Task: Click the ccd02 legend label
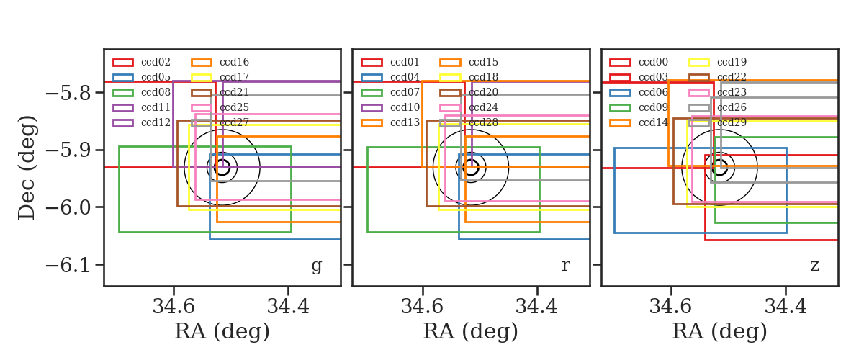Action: (156, 62)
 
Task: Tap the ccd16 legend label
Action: (235, 62)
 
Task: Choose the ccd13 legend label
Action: (405, 122)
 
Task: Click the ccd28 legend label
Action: (484, 122)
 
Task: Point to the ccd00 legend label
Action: (654, 62)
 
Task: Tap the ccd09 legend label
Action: (654, 107)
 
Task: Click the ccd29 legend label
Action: (732, 122)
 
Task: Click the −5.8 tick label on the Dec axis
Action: (69, 93)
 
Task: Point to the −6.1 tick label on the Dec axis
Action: (69, 265)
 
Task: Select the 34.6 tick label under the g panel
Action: (174, 307)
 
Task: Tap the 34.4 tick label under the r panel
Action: (537, 307)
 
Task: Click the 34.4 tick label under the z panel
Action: (786, 307)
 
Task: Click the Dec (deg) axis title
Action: (28, 168)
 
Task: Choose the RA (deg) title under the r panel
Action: (471, 331)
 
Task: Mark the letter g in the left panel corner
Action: (316, 266)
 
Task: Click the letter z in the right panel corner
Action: (814, 266)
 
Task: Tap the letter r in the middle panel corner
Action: (565, 266)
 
